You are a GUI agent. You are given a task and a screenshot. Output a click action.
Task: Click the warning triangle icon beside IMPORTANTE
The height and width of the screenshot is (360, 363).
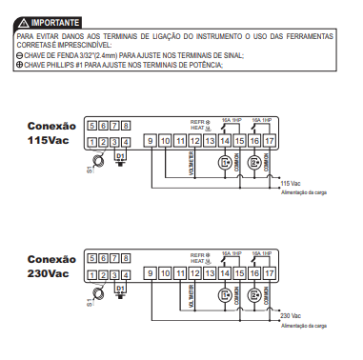coord(23,19)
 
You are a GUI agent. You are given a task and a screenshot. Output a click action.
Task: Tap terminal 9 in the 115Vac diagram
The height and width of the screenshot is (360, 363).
coord(151,142)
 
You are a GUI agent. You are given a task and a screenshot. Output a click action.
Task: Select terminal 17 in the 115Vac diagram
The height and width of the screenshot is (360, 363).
coord(270,142)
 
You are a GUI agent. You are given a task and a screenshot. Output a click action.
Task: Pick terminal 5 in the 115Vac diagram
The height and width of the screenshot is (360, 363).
coord(91,126)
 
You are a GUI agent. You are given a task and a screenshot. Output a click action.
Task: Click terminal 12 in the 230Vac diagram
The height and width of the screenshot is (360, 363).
coord(195,274)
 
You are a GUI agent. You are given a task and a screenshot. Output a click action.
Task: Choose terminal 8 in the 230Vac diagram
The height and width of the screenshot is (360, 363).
coord(126,257)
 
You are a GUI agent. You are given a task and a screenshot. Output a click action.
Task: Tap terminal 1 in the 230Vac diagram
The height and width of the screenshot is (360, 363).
coord(91,274)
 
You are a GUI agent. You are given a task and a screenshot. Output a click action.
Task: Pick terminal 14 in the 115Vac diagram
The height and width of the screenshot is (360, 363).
coord(225,142)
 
